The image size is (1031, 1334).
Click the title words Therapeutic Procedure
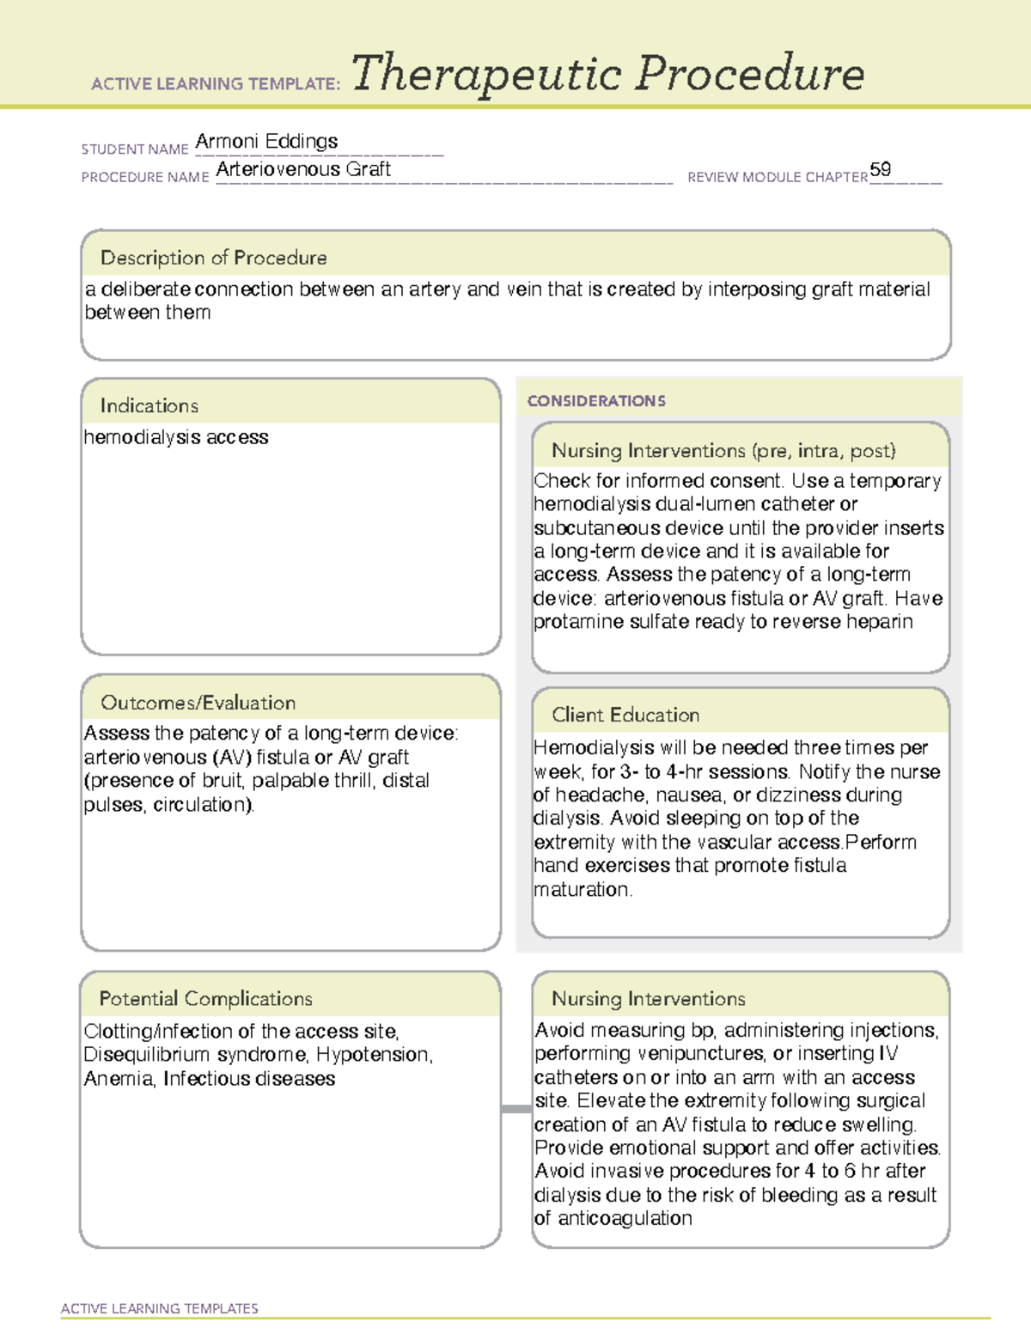coord(607,74)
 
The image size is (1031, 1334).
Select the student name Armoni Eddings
coord(266,141)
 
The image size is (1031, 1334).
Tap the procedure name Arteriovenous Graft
coord(303,169)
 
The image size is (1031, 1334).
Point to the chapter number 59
coord(880,169)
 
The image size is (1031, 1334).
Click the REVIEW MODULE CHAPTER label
coord(777,177)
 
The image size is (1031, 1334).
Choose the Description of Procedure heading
coord(213,258)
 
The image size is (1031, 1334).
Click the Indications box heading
coord(149,405)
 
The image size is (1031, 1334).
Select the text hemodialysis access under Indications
coord(176,437)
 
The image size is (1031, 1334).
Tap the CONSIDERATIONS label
coord(596,401)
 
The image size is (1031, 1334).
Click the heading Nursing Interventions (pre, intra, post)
coord(723,451)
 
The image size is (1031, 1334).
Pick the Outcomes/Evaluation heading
coord(198,703)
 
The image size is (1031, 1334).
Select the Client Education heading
coord(625,715)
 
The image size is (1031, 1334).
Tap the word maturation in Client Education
coord(582,890)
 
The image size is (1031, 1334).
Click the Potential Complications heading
coord(205,999)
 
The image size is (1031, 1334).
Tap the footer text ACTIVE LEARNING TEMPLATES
coord(160,1308)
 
